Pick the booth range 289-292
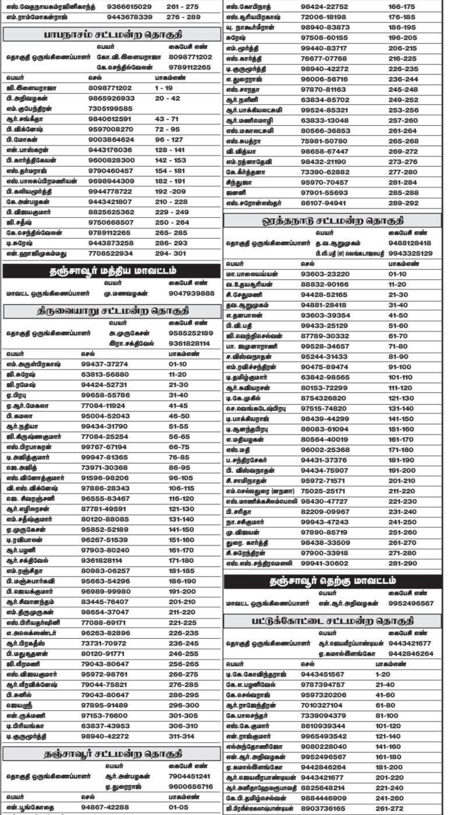coord(403,203)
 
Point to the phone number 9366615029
coord(130,6)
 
